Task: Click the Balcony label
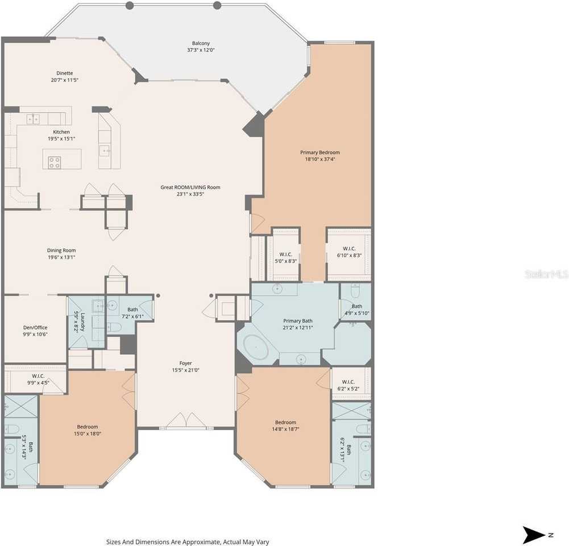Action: click(201, 43)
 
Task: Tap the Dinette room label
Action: click(65, 73)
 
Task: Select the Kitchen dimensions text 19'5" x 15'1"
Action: click(61, 139)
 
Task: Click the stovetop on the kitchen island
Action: click(55, 162)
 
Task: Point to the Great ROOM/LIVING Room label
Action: click(190, 187)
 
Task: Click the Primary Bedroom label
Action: click(320, 152)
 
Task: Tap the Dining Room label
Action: click(61, 250)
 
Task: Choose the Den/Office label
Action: click(35, 328)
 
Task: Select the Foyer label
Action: click(185, 363)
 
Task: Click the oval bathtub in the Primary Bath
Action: click(256, 348)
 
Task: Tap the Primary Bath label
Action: click(298, 321)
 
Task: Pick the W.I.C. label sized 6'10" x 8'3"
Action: click(349, 249)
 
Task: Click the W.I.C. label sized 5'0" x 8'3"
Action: click(285, 254)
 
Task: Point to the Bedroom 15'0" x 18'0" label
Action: click(88, 427)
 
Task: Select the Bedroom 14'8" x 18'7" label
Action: click(285, 423)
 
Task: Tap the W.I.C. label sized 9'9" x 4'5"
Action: click(38, 376)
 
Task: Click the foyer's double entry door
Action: click(186, 420)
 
